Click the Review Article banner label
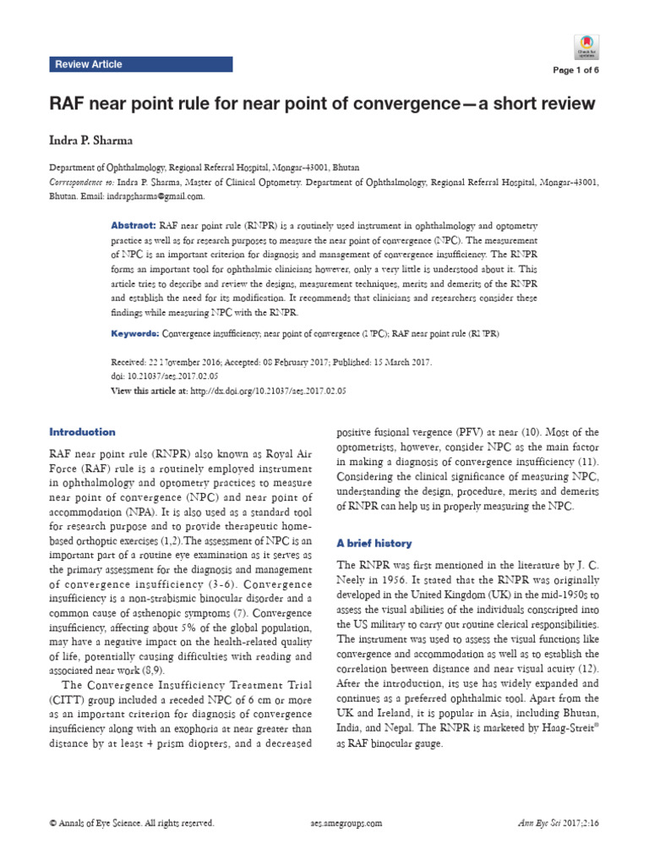pos(89,64)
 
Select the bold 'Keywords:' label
pos(135,334)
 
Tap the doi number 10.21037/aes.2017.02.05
pos(169,375)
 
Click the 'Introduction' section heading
pos(84,431)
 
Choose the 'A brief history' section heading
pos(375,543)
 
